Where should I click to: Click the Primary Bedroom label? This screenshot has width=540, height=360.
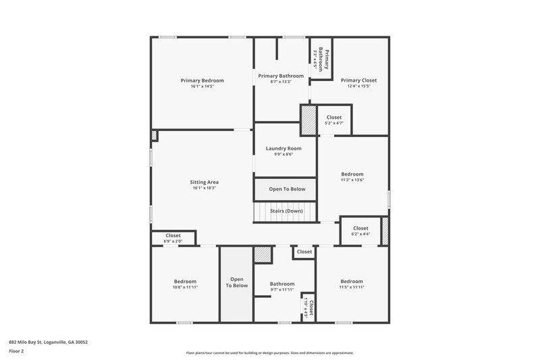coord(202,80)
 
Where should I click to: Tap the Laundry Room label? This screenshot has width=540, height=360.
coord(283,148)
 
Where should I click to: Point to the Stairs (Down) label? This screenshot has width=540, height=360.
coord(286,211)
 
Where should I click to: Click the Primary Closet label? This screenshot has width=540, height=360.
coord(358,80)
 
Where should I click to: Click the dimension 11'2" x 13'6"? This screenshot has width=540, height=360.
coord(352,180)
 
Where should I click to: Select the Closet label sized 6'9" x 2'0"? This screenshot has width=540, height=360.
coord(173,236)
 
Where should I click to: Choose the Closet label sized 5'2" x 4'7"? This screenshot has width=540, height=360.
coord(334,118)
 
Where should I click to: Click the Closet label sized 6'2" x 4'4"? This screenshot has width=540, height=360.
coord(360,228)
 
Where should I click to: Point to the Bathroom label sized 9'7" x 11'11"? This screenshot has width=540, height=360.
coord(282,284)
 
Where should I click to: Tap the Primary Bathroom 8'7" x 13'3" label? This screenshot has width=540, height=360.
coord(281,76)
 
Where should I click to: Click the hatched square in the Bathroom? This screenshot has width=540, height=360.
coord(263,255)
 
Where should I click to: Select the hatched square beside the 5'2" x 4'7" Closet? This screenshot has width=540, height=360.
coord(308,120)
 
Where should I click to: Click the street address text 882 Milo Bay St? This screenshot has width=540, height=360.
coord(48,342)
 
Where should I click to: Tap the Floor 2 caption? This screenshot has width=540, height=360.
coord(17,351)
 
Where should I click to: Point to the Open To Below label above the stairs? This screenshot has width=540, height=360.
coord(287,189)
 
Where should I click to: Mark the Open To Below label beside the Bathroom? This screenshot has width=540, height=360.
coord(236,282)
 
